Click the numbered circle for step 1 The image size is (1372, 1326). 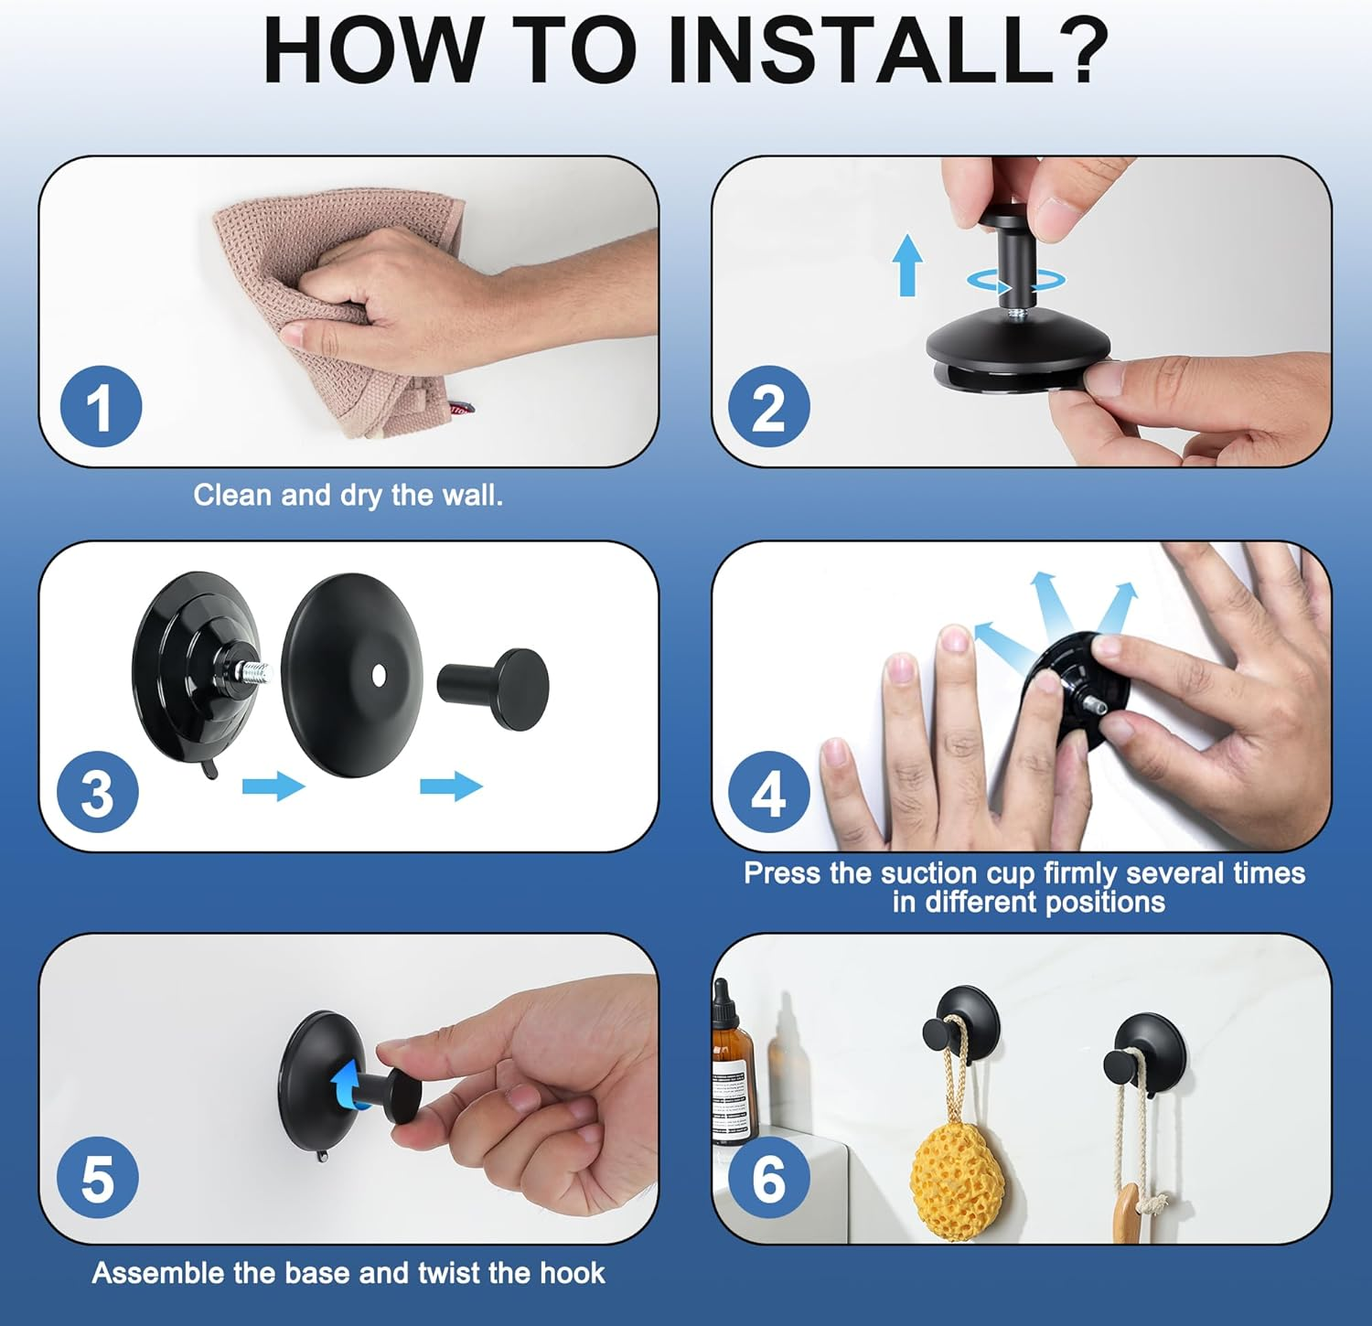[x=101, y=407]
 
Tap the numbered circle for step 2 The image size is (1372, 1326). [x=769, y=407]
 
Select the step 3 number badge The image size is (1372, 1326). [x=98, y=792]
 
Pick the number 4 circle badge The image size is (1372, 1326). [x=769, y=792]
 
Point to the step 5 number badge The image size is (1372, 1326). [x=98, y=1178]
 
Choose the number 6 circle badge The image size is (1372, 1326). [x=769, y=1178]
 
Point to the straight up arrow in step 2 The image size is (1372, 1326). [x=907, y=264]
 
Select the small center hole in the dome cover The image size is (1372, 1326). [x=379, y=675]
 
